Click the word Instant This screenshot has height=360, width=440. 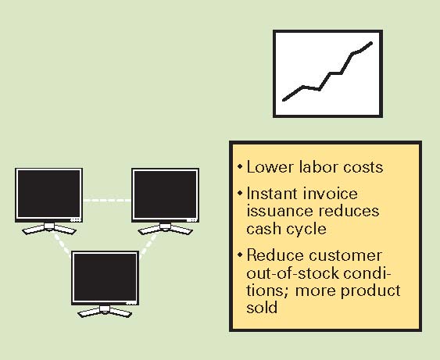tap(272, 194)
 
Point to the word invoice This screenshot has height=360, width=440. tap(330, 194)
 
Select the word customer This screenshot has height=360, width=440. tap(345, 255)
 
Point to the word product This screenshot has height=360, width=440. tap(370, 291)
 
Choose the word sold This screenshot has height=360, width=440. tap(262, 308)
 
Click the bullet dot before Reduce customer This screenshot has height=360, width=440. tap(240, 255)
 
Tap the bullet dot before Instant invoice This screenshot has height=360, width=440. tap(240, 193)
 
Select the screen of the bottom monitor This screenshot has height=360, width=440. tap(105, 277)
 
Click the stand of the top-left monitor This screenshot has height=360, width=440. tap(49, 229)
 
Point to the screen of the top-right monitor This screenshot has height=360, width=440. tap(165, 195)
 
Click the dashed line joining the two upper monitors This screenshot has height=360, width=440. tap(107, 201)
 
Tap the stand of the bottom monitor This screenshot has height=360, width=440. tap(105, 312)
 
